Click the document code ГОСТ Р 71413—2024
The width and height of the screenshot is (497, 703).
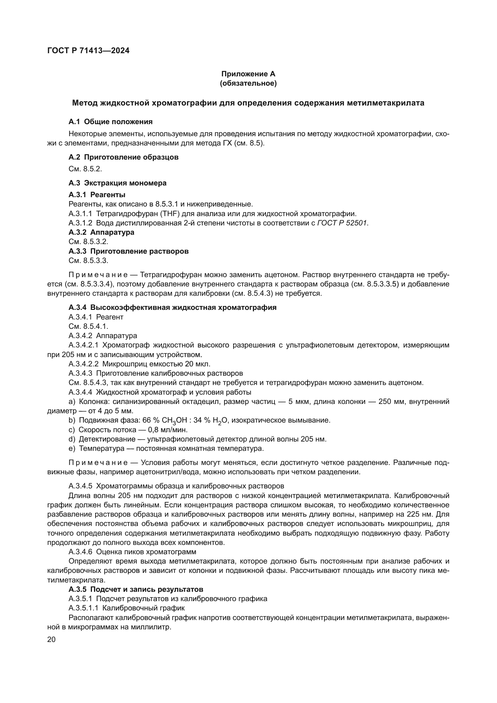88,51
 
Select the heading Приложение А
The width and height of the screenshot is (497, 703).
248,74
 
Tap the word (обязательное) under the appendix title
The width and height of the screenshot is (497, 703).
248,84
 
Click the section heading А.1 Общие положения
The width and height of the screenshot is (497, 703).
111,122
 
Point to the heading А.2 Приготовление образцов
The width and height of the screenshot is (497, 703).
123,157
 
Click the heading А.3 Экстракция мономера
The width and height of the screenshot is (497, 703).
117,183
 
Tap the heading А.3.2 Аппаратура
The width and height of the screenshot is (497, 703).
101,232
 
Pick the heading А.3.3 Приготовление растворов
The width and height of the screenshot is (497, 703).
129,251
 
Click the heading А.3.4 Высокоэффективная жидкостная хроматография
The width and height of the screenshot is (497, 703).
172,308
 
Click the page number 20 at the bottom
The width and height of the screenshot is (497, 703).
51,640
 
